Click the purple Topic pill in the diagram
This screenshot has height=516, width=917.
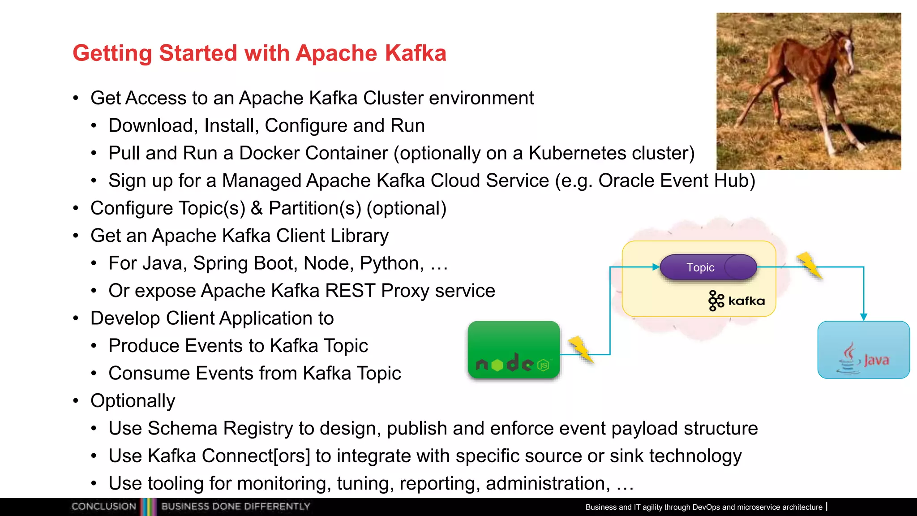pos(707,267)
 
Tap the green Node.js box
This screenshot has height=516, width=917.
pos(514,350)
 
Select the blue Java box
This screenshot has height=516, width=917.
pos(863,350)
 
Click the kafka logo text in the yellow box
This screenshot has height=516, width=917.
pos(746,301)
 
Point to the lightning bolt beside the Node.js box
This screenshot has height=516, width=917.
pos(580,349)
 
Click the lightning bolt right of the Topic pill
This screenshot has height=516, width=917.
pos(810,265)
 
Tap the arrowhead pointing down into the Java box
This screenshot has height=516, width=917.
pos(864,317)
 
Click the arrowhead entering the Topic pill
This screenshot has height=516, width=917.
pos(656,267)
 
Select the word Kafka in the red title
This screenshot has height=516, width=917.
pos(416,53)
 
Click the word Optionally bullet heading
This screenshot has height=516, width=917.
pos(133,401)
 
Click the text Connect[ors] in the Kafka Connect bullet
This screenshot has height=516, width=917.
pos(256,456)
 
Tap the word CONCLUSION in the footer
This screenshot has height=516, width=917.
pos(103,507)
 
